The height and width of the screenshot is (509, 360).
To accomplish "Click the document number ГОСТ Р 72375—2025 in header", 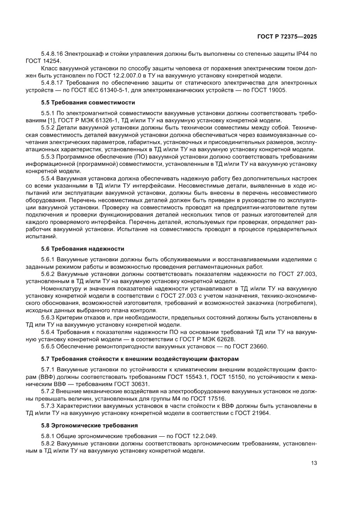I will (288, 37).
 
